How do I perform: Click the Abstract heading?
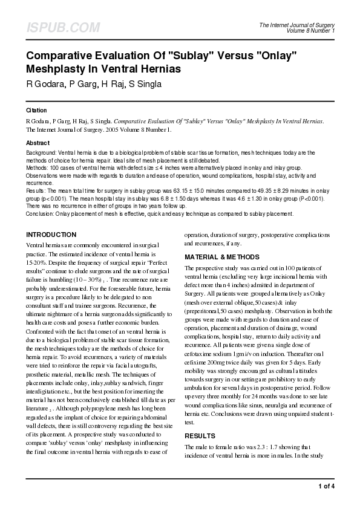(38, 143)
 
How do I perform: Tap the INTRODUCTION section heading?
(51, 235)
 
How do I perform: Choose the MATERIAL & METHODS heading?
(221, 257)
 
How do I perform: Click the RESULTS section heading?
(199, 435)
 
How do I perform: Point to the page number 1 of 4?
(326, 486)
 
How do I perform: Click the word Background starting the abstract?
(41, 154)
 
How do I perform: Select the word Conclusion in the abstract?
(40, 213)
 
